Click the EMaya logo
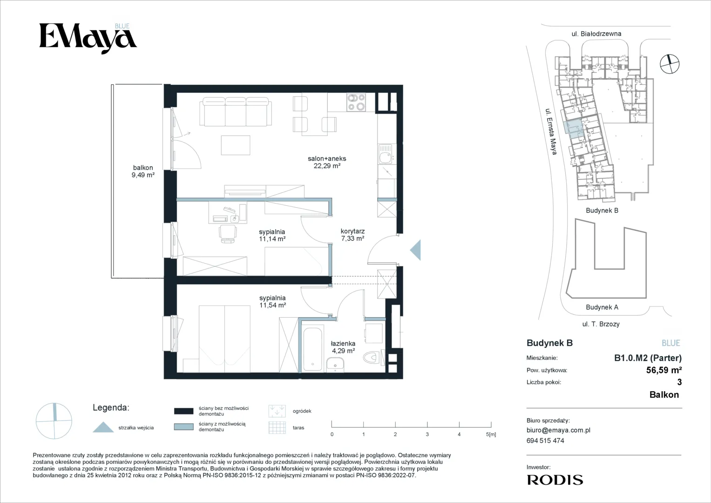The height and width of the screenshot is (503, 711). (88, 38)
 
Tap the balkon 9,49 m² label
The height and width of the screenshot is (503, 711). (143, 171)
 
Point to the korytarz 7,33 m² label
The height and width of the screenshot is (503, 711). (352, 235)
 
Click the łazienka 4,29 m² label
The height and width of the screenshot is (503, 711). (343, 347)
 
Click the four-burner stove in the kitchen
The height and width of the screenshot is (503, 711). (356, 102)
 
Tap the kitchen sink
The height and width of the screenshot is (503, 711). (386, 154)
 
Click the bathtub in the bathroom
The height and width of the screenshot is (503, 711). (312, 349)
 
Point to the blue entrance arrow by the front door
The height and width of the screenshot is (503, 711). (415, 250)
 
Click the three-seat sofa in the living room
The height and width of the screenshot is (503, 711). (236, 112)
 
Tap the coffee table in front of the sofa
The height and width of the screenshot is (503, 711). (236, 145)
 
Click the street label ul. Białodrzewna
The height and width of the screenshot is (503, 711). (596, 34)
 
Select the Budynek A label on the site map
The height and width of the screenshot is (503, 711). (602, 307)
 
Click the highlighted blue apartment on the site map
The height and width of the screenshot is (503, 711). (574, 128)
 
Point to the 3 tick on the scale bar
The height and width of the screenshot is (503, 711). (427, 424)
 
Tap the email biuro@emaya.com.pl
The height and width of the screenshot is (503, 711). (558, 430)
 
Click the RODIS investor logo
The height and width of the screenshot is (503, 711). (555, 480)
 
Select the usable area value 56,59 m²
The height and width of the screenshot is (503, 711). (664, 370)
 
